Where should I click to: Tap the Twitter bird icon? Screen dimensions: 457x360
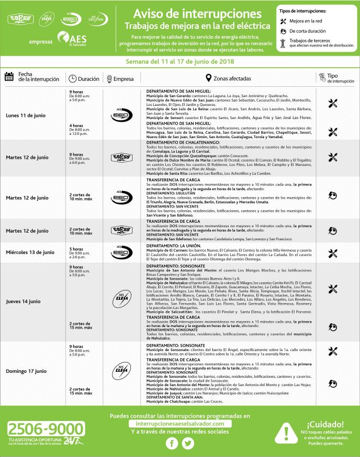click(x=188, y=443)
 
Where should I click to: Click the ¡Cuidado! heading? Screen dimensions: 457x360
click(x=325, y=424)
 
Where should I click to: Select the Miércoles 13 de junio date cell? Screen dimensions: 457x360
click(x=30, y=253)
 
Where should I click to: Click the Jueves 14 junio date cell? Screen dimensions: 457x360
click(x=23, y=301)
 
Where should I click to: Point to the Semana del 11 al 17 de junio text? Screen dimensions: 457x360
click(x=179, y=62)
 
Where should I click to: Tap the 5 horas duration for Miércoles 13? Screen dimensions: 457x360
click(x=76, y=249)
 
